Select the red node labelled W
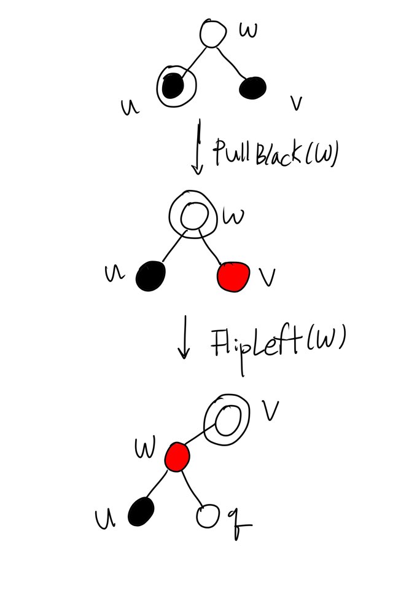(x=177, y=457)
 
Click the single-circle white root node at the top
(x=213, y=33)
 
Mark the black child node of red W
(x=142, y=511)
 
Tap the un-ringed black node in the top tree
(x=253, y=87)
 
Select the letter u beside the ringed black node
(x=130, y=108)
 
